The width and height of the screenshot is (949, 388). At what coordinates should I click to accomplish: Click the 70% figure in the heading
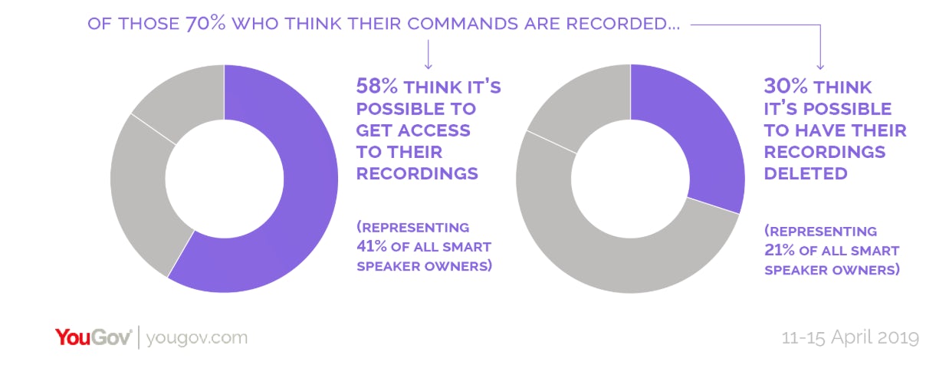[203, 24]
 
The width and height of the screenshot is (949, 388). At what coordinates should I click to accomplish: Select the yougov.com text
[197, 338]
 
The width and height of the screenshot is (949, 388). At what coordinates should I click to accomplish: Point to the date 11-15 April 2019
[849, 338]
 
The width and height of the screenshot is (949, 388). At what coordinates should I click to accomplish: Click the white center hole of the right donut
[630, 179]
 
